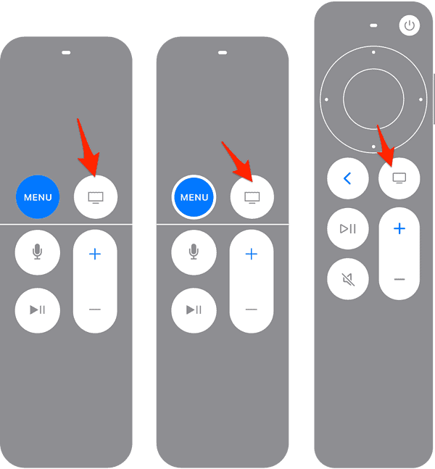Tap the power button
(410, 25)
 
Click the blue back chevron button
(348, 178)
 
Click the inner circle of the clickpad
(373, 99)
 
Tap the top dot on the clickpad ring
(373, 52)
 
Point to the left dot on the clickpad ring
(326, 99)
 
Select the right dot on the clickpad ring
(420, 99)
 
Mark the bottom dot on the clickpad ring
(373, 146)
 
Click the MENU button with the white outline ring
(194, 197)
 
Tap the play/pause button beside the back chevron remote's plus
(348, 229)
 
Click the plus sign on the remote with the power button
(399, 229)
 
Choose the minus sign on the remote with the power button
(399, 279)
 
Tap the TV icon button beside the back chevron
(399, 178)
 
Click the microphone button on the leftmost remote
(38, 252)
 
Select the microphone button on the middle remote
(194, 252)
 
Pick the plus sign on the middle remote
(252, 254)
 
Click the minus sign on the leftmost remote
(95, 310)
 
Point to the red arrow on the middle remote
(237, 162)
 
